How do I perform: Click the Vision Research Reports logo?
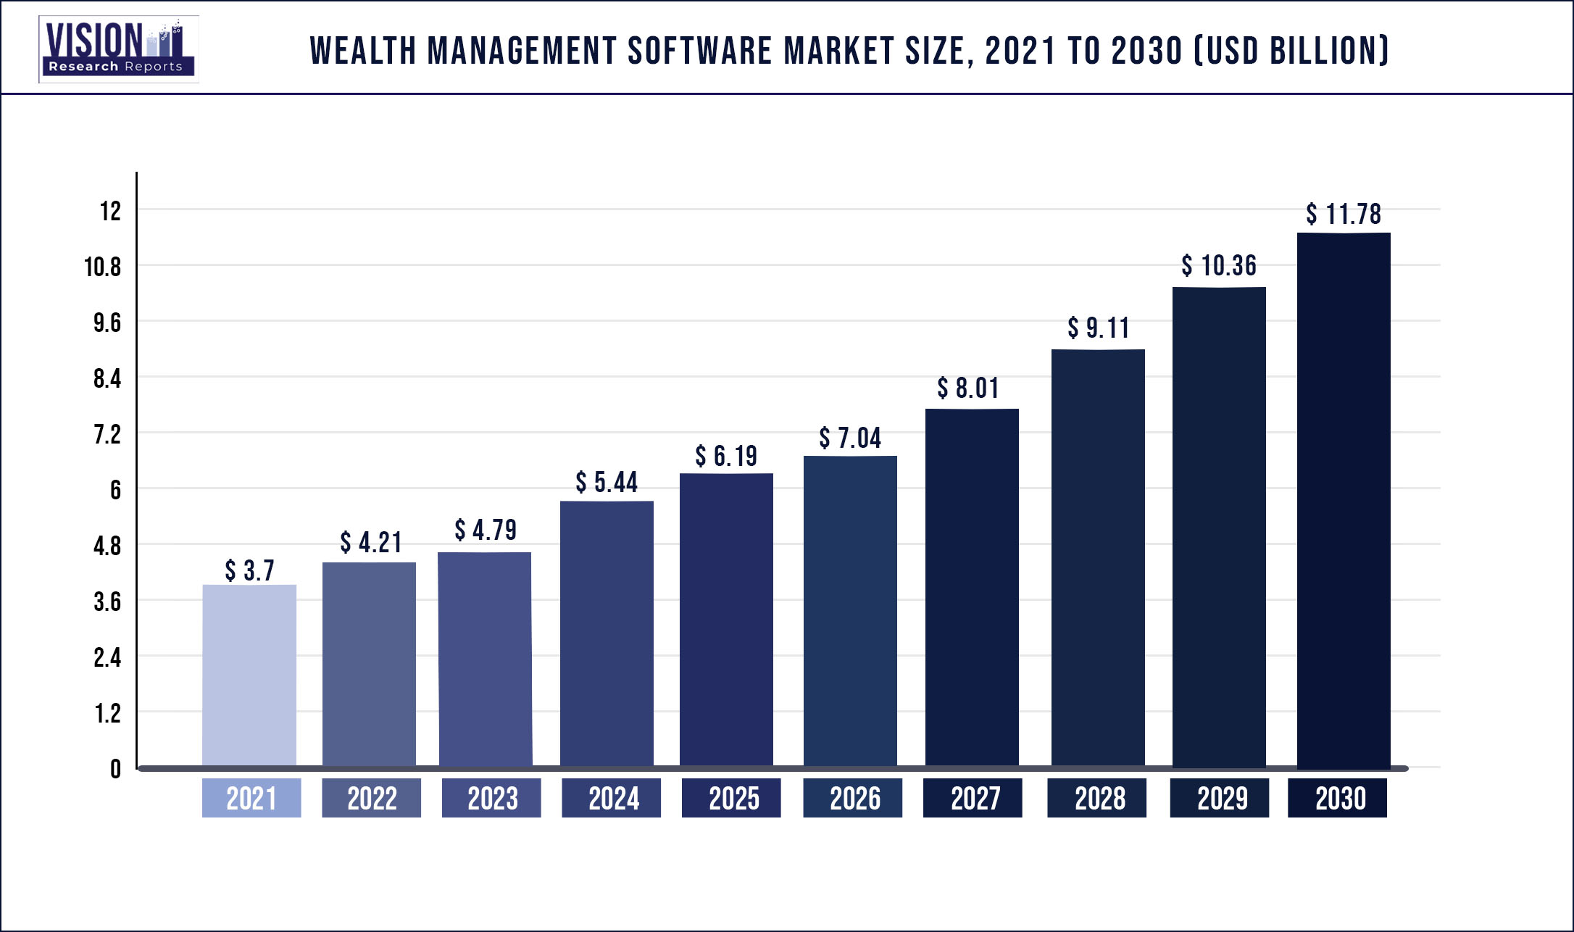[x=118, y=49]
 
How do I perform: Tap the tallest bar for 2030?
[x=1344, y=500]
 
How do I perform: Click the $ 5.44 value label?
[x=607, y=482]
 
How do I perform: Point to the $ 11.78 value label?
[x=1344, y=214]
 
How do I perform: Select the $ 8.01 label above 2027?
[x=968, y=388]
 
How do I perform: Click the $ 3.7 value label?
[x=249, y=570]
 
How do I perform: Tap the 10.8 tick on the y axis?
[x=103, y=267]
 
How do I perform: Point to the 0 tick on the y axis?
[x=115, y=769]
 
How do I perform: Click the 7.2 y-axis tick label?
[x=107, y=434]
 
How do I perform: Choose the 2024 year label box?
[x=612, y=798]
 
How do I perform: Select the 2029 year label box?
[x=1220, y=798]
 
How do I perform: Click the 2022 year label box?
[x=371, y=798]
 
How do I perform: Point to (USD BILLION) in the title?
[x=1291, y=51]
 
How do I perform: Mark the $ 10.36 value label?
[x=1219, y=265]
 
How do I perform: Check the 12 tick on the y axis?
[x=110, y=211]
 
